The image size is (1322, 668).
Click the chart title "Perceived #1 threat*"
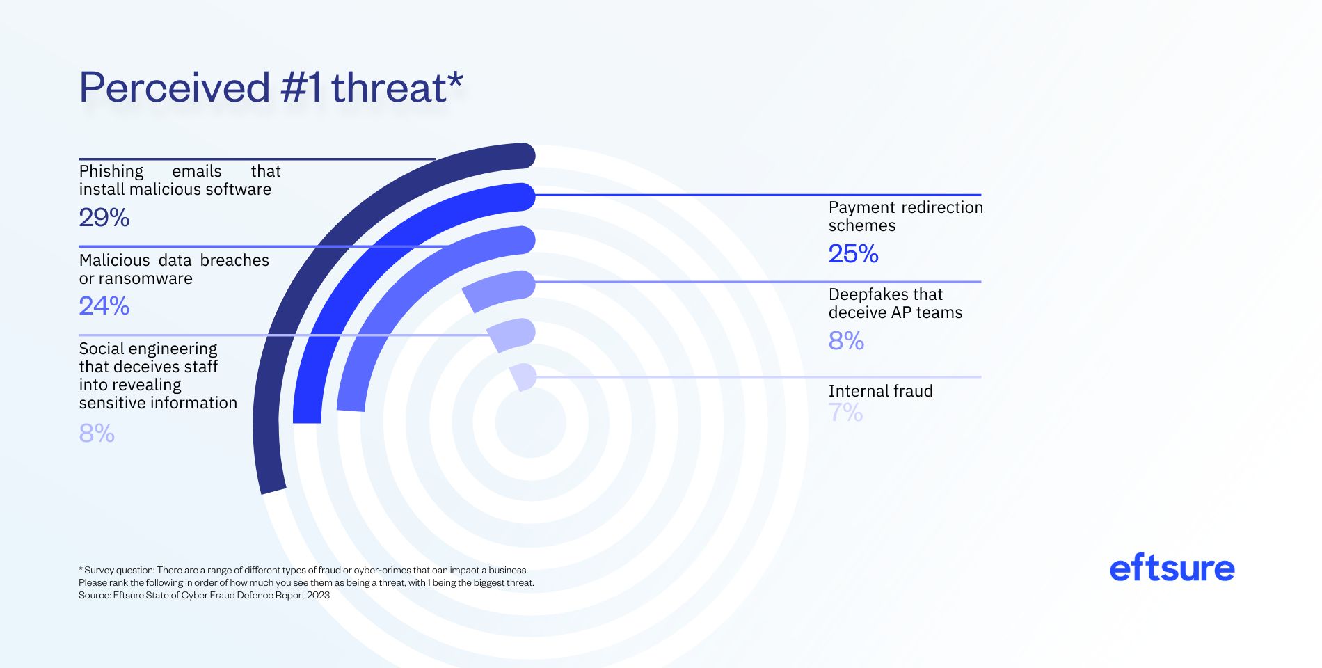[x=271, y=88]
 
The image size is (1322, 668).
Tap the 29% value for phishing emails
[x=104, y=218]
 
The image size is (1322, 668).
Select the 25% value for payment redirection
[x=853, y=254]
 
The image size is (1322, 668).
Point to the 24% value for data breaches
[x=104, y=306]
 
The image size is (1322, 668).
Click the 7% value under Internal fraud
[x=845, y=413]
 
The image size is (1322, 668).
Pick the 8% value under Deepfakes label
[x=846, y=341]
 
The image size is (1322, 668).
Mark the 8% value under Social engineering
[x=97, y=434]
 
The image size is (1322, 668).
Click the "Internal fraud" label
[x=880, y=391]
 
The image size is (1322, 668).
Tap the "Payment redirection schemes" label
[x=905, y=216]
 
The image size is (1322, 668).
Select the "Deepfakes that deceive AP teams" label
[x=895, y=303]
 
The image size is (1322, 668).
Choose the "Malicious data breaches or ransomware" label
[x=174, y=269]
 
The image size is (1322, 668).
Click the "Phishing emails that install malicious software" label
[x=180, y=180]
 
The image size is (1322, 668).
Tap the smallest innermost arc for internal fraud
[x=523, y=376]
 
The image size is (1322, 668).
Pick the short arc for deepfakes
[x=497, y=288]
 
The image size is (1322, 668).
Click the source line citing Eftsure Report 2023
[x=204, y=595]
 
